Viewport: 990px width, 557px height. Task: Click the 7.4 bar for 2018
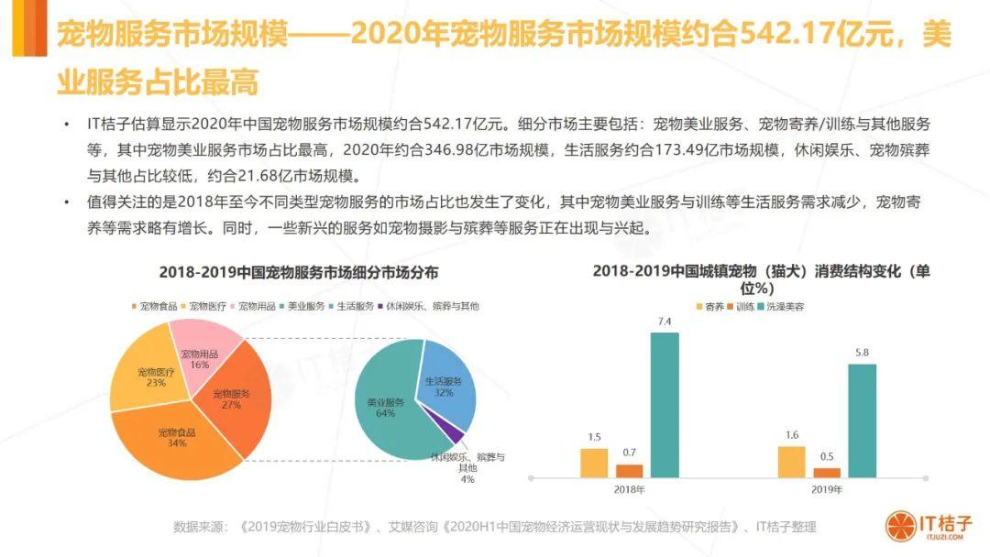[x=665, y=404]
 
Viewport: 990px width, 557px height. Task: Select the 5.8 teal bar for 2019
[x=862, y=420]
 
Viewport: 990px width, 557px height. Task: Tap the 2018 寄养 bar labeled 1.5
[x=594, y=462]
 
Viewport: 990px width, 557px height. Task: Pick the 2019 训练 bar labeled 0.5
[x=827, y=472]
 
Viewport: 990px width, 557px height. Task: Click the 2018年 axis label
[x=630, y=490]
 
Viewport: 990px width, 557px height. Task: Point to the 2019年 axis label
[x=827, y=490]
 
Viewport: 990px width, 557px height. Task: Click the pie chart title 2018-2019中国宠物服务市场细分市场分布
[x=298, y=272]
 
